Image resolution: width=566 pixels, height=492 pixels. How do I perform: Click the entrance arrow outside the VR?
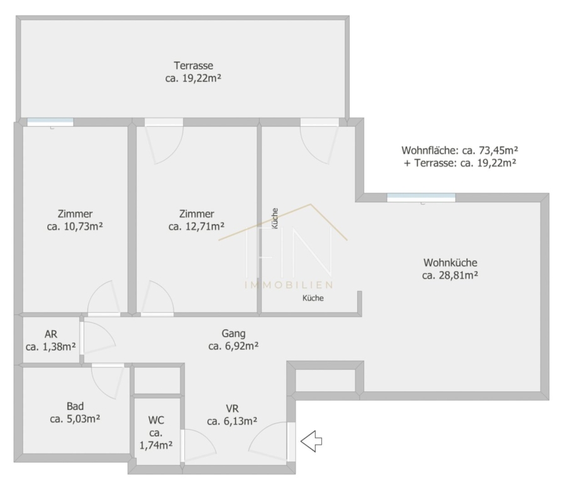click(x=311, y=441)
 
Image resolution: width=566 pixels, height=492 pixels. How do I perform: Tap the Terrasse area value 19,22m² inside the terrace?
click(x=202, y=79)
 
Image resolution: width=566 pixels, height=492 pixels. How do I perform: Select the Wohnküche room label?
click(x=450, y=263)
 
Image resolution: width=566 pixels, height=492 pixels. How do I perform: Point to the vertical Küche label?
click(x=275, y=219)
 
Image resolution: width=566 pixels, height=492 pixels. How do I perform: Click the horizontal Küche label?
click(x=313, y=298)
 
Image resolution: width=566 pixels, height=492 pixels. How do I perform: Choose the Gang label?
click(x=233, y=334)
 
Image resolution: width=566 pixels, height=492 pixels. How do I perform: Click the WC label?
click(x=156, y=420)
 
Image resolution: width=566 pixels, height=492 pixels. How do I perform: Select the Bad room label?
click(x=75, y=406)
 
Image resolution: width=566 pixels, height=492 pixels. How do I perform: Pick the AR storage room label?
click(x=51, y=334)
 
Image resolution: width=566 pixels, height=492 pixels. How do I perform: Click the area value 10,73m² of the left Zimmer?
click(x=84, y=227)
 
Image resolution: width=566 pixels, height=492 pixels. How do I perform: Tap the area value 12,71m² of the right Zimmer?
click(x=205, y=227)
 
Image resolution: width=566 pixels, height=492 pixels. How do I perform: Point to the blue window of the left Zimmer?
click(x=50, y=122)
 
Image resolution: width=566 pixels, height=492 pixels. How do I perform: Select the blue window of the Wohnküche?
click(x=421, y=197)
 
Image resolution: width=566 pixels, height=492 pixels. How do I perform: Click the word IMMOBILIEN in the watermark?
click(x=289, y=285)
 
